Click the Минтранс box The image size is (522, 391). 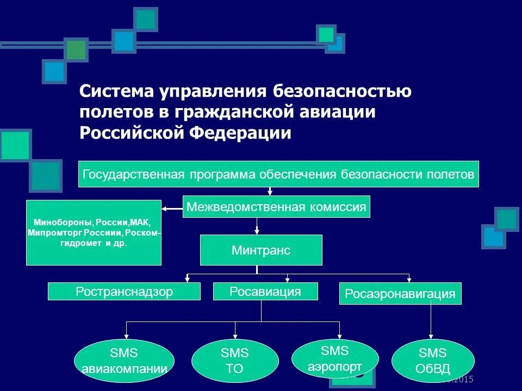pyautogui.click(x=261, y=250)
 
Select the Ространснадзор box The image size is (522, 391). pyautogui.click(x=124, y=292)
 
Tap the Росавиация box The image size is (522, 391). pyautogui.click(x=265, y=292)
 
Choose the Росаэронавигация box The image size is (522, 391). pyautogui.click(x=400, y=294)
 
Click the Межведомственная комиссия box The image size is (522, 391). pyautogui.click(x=276, y=206)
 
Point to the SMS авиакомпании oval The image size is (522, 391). pyautogui.click(x=124, y=361)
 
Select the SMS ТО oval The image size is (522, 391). pyautogui.click(x=235, y=361)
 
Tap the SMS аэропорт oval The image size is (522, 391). pyautogui.click(x=335, y=358)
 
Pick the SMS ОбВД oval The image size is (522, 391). pyautogui.click(x=433, y=361)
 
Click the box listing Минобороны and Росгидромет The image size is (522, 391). pyautogui.click(x=94, y=232)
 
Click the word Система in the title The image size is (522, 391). pyautogui.click(x=116, y=91)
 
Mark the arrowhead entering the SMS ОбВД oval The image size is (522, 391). pyautogui.click(x=432, y=337)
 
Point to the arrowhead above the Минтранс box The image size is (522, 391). pyautogui.click(x=257, y=232)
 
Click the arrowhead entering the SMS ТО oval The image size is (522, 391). pyautogui.click(x=235, y=337)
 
